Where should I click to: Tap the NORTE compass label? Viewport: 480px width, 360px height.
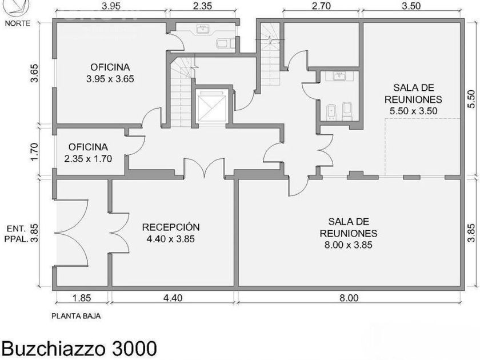pos(18,23)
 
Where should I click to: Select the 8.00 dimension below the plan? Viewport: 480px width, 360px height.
pos(349,298)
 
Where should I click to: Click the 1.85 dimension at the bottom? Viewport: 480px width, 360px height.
pos(81,298)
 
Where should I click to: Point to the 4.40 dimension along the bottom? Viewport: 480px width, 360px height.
pos(173,298)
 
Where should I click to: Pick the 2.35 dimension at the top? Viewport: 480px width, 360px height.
pos(202,6)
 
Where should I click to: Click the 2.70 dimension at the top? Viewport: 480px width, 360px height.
pos(321,6)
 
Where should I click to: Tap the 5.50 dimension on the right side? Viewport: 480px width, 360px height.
pos(471,98)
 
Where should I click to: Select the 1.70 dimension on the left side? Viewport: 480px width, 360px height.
pos(34,151)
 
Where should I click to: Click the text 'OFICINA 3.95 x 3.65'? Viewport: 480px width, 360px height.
pos(110,73)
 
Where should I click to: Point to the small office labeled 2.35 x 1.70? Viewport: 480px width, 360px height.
pos(88,153)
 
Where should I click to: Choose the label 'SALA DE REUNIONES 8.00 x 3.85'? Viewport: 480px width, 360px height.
pos(349,233)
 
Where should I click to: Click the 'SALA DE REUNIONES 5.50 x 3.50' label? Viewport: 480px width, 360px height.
pos(414,99)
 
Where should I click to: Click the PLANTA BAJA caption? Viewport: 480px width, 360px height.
pos(76,316)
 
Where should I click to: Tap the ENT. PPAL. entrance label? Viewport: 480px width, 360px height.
pos(17,234)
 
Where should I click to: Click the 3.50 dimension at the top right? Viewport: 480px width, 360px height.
pos(411,6)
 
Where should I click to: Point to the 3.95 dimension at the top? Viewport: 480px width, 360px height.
pos(111,6)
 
